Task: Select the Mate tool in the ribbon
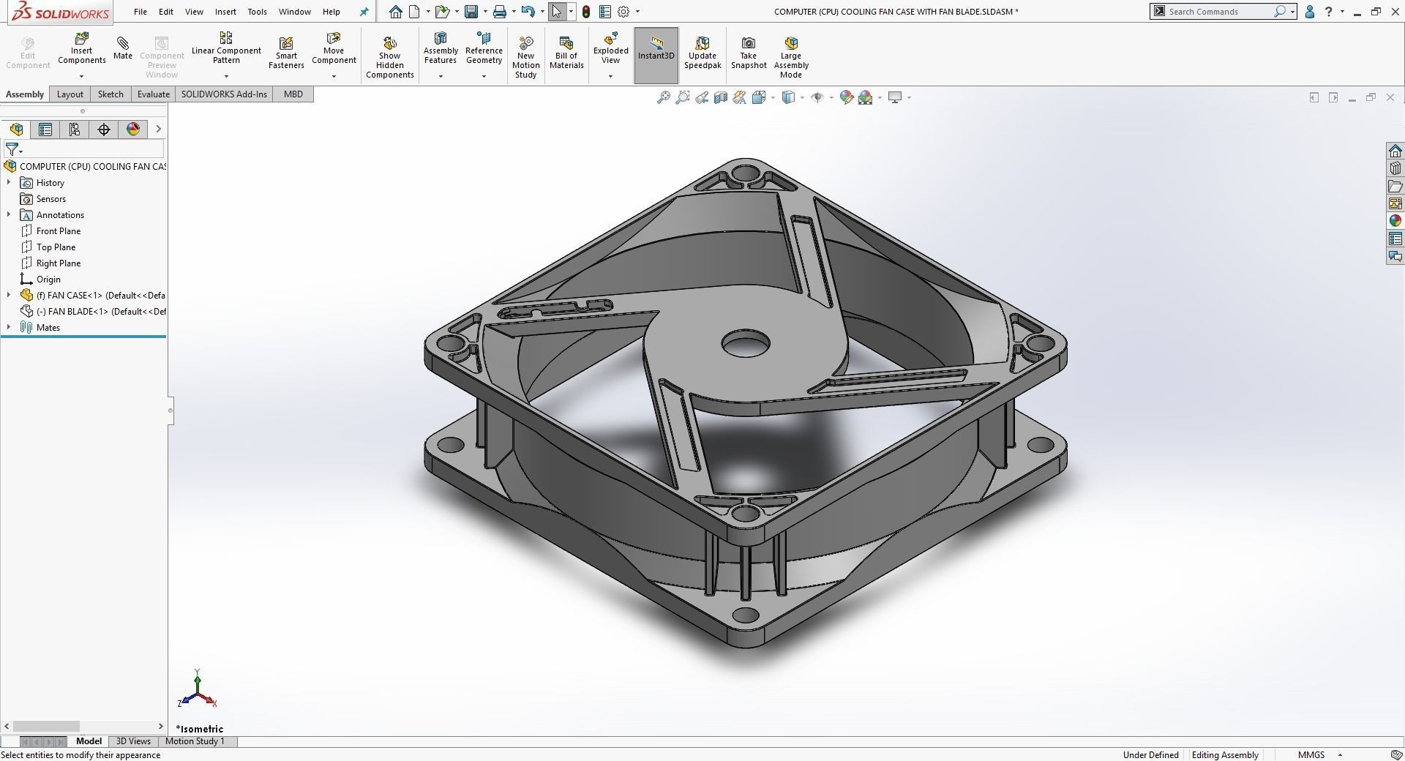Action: click(x=123, y=48)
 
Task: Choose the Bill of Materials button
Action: click(x=566, y=51)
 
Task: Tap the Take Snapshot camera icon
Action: click(x=748, y=44)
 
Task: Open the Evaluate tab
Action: click(x=153, y=94)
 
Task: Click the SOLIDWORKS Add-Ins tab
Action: click(x=224, y=94)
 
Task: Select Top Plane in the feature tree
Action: click(x=56, y=247)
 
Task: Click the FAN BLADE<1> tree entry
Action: click(x=101, y=312)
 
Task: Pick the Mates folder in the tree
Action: click(x=48, y=328)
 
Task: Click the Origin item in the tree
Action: click(x=48, y=280)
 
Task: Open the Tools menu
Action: click(x=257, y=12)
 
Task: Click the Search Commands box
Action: click(x=1218, y=12)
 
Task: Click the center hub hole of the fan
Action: click(x=746, y=343)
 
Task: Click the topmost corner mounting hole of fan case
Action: click(x=746, y=175)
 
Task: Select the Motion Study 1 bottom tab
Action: click(x=195, y=741)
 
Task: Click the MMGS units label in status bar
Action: click(x=1311, y=754)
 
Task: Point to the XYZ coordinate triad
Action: click(x=198, y=690)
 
